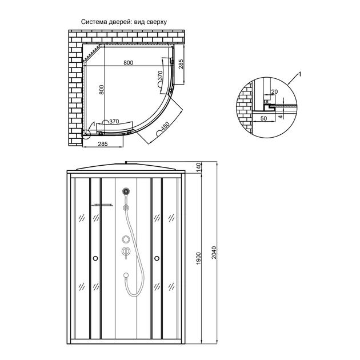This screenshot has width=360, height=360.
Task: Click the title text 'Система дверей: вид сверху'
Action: coord(124,22)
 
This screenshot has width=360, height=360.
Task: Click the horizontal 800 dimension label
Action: coord(129,63)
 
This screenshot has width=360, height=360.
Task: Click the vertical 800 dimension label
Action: coord(102,90)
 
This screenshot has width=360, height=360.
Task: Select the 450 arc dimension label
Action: coord(165,127)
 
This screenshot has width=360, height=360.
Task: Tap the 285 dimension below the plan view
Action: coord(103,144)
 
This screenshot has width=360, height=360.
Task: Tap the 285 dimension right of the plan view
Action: coord(181,64)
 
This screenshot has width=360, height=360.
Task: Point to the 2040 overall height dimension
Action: coord(214,253)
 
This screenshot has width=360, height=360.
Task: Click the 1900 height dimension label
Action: coord(199,258)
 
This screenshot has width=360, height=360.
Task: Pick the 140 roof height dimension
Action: coord(199,167)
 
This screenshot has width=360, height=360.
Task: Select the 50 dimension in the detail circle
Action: coord(264,118)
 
